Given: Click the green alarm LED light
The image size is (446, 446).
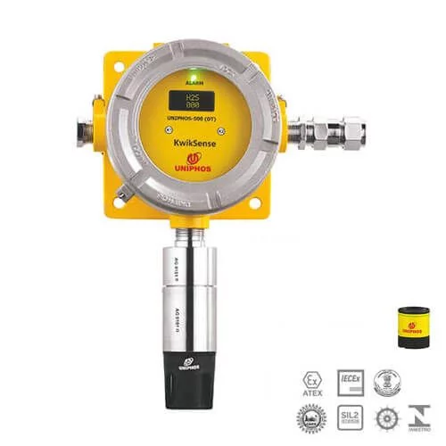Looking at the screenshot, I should click(x=194, y=74).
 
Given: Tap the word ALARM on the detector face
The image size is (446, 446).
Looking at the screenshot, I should click(x=194, y=83).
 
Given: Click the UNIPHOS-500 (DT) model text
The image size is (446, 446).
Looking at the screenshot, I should click(x=194, y=119).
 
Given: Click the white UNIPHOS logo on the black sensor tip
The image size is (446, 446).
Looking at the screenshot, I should click(x=190, y=364).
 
